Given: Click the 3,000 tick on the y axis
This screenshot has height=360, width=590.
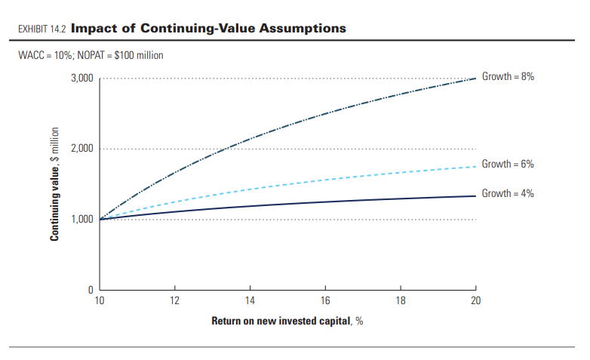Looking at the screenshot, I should point(82,78).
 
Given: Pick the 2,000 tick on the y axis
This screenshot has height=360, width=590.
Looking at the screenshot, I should point(82,149).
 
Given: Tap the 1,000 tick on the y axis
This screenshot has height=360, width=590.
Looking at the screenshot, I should point(82,220).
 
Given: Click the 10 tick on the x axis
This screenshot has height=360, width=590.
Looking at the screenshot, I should point(100,300).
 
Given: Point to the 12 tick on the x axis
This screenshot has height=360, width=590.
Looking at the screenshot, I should point(175,300).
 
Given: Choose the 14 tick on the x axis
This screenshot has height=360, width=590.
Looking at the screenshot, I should point(250,300).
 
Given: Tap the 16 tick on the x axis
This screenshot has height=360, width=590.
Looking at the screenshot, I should point(325,300).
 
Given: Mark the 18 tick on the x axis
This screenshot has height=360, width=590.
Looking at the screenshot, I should point(400,300).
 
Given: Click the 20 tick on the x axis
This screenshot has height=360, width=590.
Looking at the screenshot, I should point(475,300).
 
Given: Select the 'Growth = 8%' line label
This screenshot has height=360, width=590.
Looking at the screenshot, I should point(508,78).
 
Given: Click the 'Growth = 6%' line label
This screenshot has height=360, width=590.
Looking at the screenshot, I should point(508,164).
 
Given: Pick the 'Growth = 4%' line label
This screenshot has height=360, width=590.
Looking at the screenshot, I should point(508,194).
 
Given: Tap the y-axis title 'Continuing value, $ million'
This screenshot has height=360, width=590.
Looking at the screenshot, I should point(55,184).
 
